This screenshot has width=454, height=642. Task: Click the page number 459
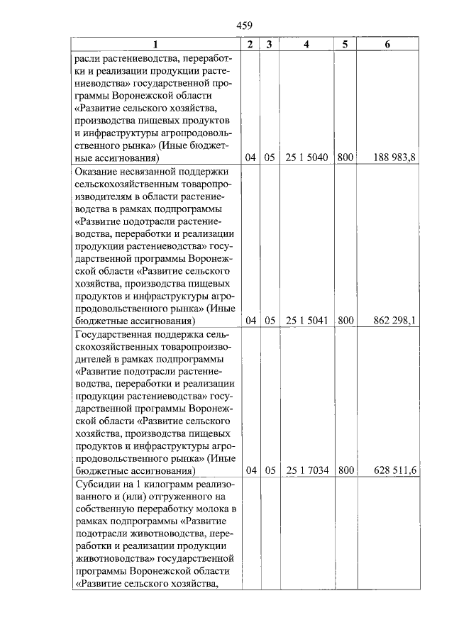pos(245,26)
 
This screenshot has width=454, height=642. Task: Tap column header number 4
pos(306,44)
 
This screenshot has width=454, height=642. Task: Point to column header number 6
pos(387,44)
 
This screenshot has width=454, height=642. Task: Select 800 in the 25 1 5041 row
pos(345,321)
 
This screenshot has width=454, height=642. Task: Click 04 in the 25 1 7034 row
pos(250,470)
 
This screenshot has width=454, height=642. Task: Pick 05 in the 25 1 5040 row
pos(269,158)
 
